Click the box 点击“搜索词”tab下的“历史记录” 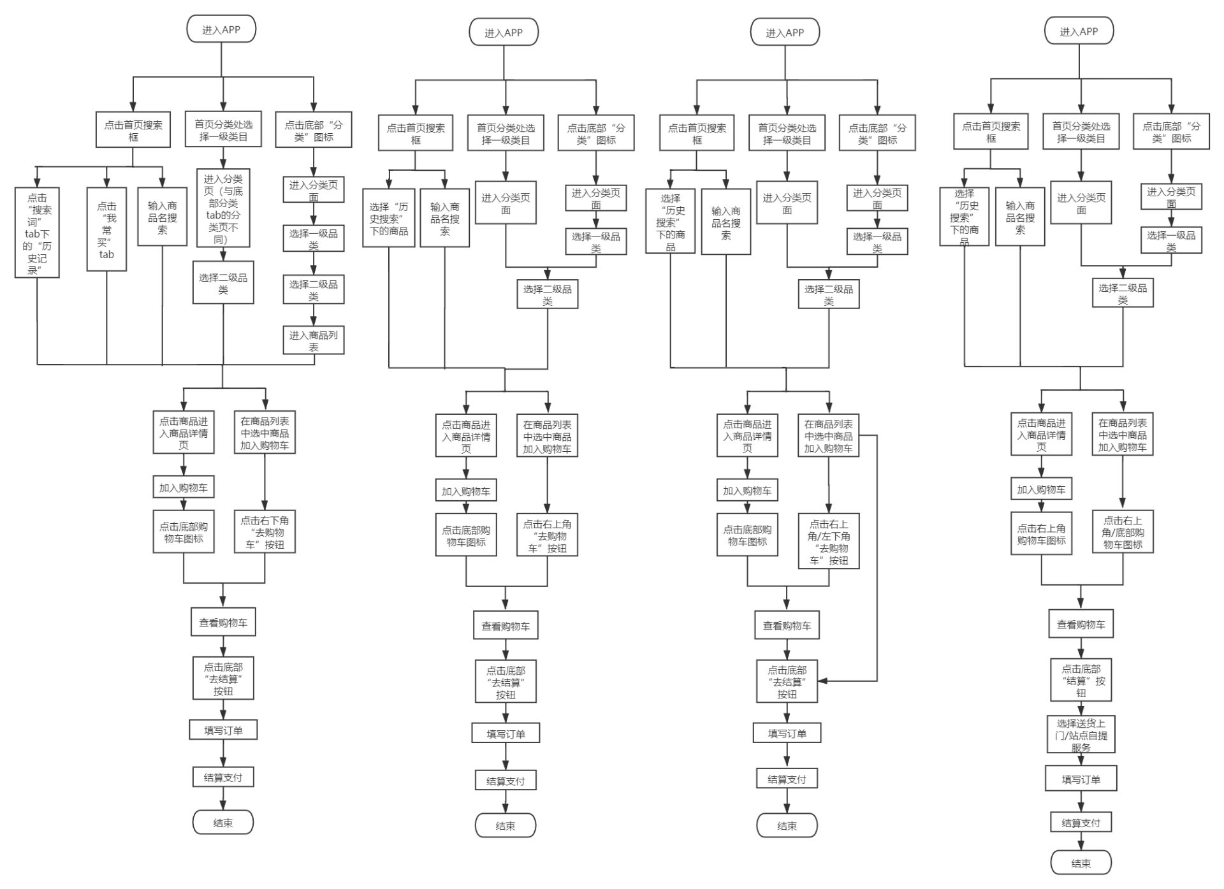tap(37, 233)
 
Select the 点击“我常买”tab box tap(106, 229)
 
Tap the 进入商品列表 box tap(314, 340)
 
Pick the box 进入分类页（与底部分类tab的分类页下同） tap(223, 208)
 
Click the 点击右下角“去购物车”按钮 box tap(265, 532)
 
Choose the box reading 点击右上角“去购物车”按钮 tap(547, 535)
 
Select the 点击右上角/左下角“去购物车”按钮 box tap(829, 541)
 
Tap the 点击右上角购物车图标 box tap(1041, 533)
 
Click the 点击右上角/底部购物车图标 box tap(1123, 531)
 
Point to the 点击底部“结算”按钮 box tap(1081, 680)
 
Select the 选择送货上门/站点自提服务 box tap(1081, 735)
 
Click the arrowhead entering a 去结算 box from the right tap(823, 681)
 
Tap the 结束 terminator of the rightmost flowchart tap(1081, 863)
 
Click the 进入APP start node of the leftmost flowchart tap(221, 29)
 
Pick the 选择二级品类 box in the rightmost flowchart tap(1123, 293)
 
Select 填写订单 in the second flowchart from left tap(506, 734)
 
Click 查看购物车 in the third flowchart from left tap(787, 625)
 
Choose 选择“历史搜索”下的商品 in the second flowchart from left tap(389, 218)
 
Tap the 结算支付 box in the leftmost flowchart tap(223, 777)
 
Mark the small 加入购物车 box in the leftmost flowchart tap(184, 488)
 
